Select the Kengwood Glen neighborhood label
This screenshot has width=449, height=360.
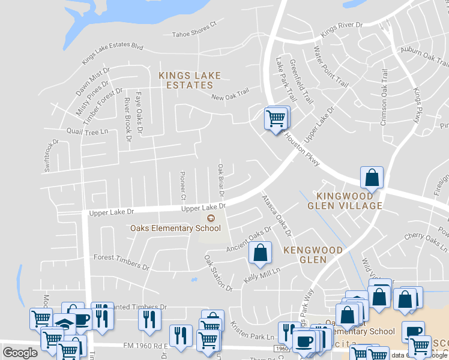pyautogui.click(x=313, y=255)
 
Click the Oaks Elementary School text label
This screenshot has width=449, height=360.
pyautogui.click(x=176, y=228)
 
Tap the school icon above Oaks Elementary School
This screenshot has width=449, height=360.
pyautogui.click(x=210, y=218)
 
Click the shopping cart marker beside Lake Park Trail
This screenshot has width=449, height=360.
pyautogui.click(x=276, y=119)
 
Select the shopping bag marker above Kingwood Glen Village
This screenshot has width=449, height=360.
pyautogui.click(x=372, y=178)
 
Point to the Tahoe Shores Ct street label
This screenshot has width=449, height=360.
pyautogui.click(x=194, y=30)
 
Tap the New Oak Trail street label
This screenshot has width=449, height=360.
pyautogui.click(x=230, y=95)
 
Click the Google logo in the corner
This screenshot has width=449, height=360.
pyautogui.click(x=20, y=353)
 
